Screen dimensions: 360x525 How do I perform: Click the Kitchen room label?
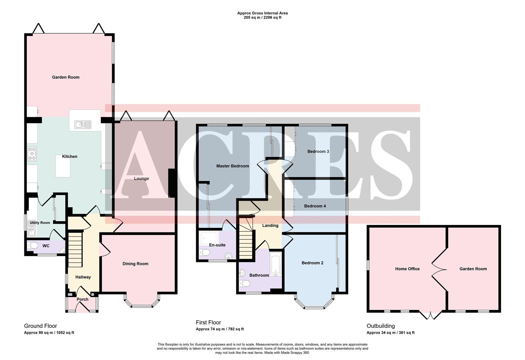point(70,156)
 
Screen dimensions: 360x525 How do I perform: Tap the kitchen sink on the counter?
point(83,125)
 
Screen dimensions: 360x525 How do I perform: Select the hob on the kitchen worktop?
point(32,154)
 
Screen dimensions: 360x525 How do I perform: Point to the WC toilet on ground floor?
point(33,246)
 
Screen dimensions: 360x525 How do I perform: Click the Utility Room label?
point(40,223)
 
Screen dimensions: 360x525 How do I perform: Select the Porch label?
point(82,299)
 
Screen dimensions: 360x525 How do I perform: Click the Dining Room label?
point(135,264)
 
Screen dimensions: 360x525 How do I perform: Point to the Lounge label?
point(141,178)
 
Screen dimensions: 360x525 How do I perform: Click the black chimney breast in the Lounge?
point(172,183)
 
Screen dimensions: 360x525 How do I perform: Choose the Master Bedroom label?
point(232,166)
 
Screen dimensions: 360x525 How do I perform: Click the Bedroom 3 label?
point(318,151)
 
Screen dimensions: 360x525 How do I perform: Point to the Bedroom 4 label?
point(315,206)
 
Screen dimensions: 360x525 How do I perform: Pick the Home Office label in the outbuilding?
point(407,269)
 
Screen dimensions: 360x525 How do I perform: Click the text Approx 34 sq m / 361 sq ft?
point(390,332)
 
